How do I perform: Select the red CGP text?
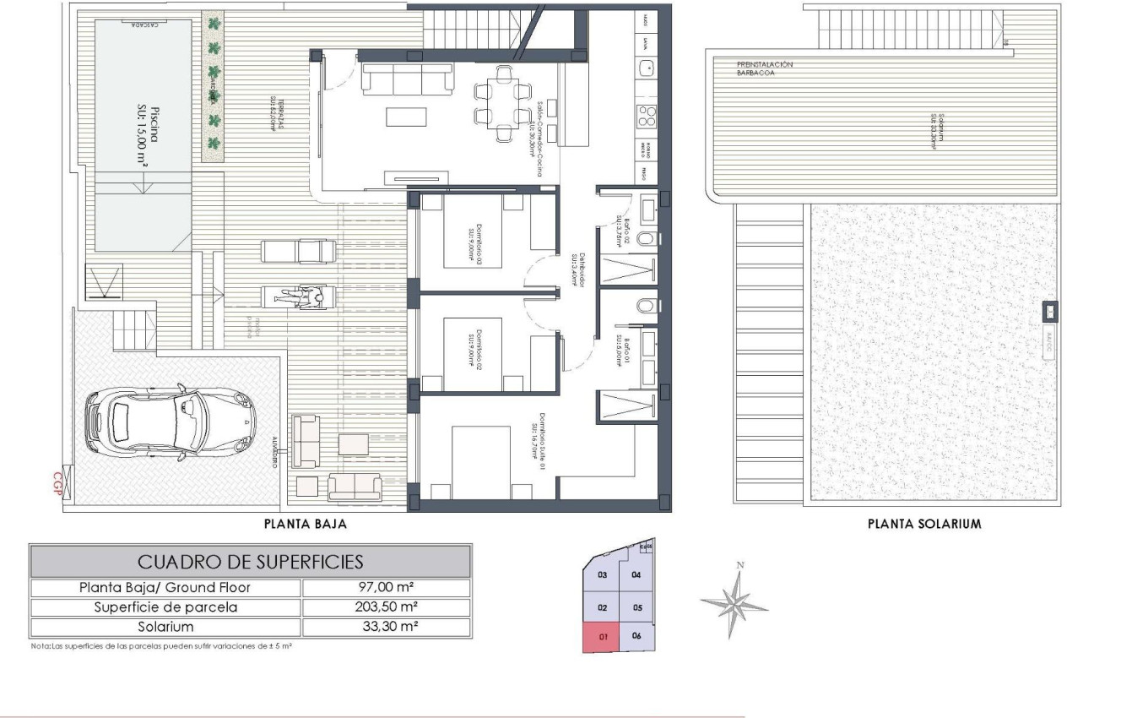[58, 486]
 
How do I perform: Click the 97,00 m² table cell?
[386, 588]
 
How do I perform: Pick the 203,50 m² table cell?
[386, 607]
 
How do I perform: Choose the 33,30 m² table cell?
[386, 627]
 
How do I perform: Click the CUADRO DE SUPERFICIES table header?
[250, 561]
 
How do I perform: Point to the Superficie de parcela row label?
[166, 607]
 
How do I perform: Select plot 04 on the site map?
[636, 575]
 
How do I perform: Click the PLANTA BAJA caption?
[306, 524]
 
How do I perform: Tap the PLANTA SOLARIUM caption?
[924, 524]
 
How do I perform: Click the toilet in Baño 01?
[645, 305]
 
